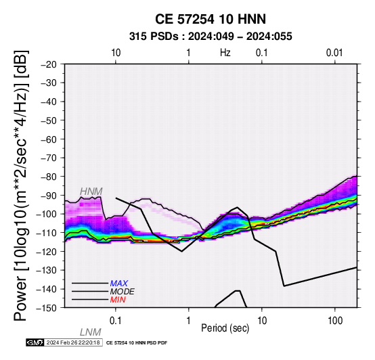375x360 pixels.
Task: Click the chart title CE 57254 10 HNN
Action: pyautogui.click(x=211, y=19)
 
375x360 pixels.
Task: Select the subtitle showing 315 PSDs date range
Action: pyautogui.click(x=211, y=37)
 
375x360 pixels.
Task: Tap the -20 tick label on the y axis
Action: pyautogui.click(x=49, y=64)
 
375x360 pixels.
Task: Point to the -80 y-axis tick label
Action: pyautogui.click(x=49, y=177)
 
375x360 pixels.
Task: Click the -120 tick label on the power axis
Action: pyautogui.click(x=47, y=252)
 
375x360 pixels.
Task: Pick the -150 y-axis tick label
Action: pyautogui.click(x=47, y=308)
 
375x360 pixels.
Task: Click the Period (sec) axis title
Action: pyautogui.click(x=225, y=328)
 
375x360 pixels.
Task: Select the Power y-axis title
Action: pyautogui.click(x=21, y=185)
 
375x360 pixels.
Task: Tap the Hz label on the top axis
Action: pyautogui.click(x=225, y=53)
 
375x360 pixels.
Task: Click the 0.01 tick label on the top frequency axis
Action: pyautogui.click(x=334, y=53)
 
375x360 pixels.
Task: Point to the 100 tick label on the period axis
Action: pyautogui.click(x=335, y=321)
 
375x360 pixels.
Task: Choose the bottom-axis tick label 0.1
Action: pyautogui.click(x=116, y=321)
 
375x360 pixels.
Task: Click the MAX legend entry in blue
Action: pyautogui.click(x=119, y=284)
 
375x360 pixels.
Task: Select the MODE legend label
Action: pyautogui.click(x=123, y=292)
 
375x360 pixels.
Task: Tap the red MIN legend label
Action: pyautogui.click(x=118, y=300)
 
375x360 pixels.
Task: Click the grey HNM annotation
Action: pyautogui.click(x=91, y=192)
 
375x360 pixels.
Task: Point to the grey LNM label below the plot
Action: pyautogui.click(x=91, y=332)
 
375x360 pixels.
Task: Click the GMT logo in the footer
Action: pyautogui.click(x=35, y=342)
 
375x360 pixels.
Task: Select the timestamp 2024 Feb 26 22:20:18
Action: pyautogui.click(x=73, y=342)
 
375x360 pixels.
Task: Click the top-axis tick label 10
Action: pyautogui.click(x=116, y=53)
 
